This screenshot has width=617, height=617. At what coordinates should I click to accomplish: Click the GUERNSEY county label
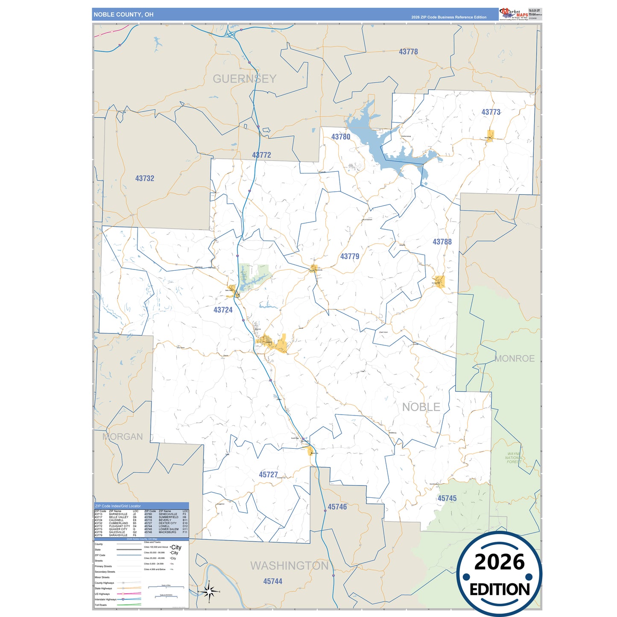(x=244, y=79)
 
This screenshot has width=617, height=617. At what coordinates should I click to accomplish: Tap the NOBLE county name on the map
(x=421, y=407)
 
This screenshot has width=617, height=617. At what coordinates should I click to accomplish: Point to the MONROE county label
(x=515, y=359)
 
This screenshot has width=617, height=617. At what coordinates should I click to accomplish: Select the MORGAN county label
(x=123, y=436)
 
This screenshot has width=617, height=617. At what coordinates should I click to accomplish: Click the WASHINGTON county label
(x=289, y=566)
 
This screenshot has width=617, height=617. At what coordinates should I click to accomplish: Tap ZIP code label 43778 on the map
(x=408, y=52)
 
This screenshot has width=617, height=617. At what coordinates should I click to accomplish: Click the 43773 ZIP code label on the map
(x=491, y=112)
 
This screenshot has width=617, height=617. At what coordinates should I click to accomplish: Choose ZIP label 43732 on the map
(x=145, y=178)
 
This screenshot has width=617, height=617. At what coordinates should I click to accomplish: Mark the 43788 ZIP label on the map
(x=442, y=242)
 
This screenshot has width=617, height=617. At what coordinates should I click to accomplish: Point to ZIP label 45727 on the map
(x=268, y=474)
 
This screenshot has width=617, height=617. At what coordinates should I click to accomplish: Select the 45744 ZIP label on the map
(x=272, y=581)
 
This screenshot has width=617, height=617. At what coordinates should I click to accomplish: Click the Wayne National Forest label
(x=514, y=458)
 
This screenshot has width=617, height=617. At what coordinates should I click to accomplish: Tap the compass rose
(x=209, y=592)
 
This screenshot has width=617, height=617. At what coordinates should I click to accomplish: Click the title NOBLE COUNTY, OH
(x=123, y=15)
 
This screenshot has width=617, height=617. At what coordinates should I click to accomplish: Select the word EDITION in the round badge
(x=500, y=590)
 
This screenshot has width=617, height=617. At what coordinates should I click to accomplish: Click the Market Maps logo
(x=513, y=14)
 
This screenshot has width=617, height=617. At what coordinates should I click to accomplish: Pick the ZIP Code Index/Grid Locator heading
(x=118, y=506)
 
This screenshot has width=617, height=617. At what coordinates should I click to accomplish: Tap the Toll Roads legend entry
(x=101, y=605)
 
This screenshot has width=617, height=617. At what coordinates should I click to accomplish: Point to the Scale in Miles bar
(x=166, y=587)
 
